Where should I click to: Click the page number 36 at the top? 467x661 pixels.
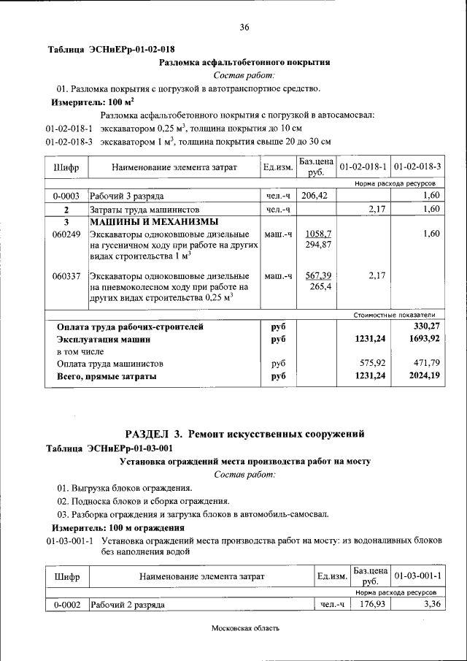[244, 27]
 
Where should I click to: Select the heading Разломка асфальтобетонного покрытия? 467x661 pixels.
[244, 63]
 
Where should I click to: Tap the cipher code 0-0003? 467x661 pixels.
[66, 196]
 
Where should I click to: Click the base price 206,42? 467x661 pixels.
[316, 196]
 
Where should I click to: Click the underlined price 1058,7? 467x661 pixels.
[318, 234]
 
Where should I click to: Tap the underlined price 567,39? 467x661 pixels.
[318, 275]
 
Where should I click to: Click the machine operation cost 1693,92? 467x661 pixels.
[422, 339]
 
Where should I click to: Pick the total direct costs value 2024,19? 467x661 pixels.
[422, 376]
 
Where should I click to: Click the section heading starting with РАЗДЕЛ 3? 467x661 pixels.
[244, 435]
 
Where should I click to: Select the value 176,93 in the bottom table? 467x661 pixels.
[368, 605]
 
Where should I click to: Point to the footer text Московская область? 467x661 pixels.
[246, 628]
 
